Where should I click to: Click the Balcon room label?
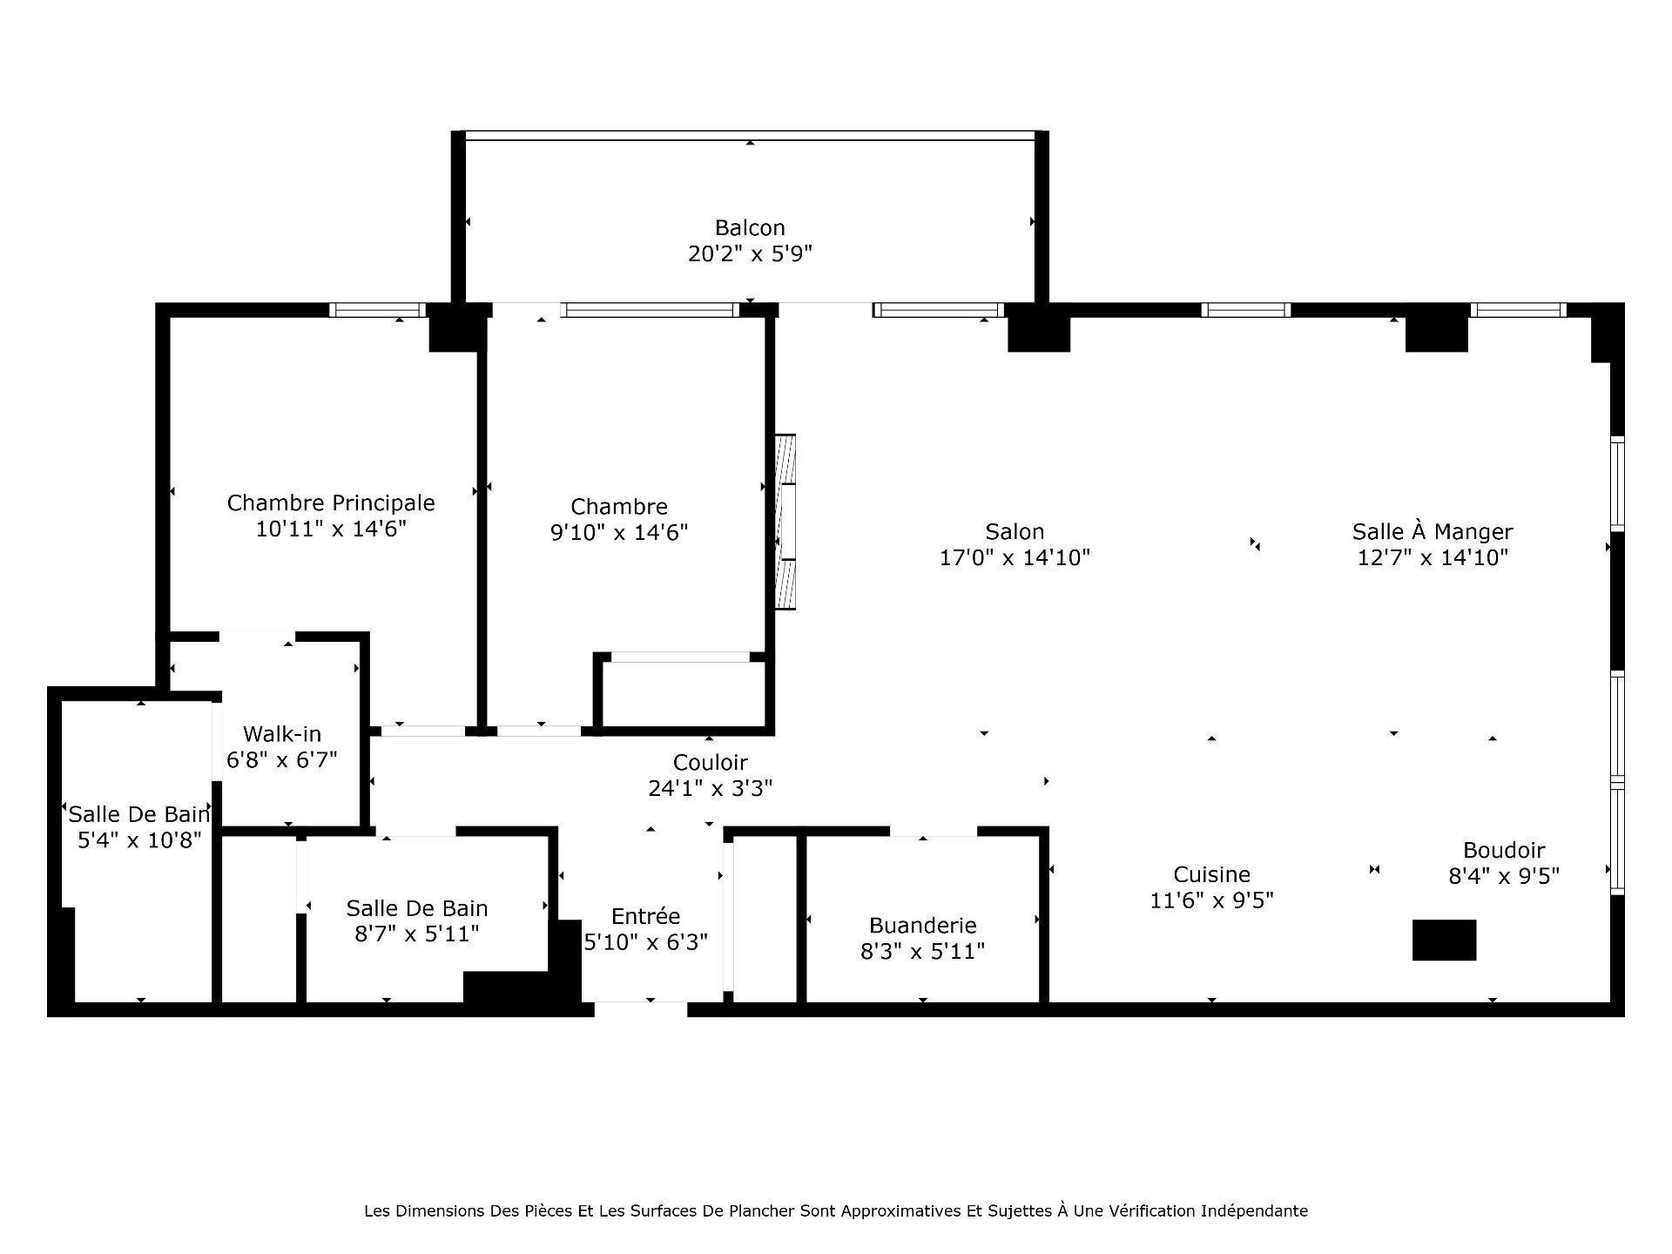click(x=750, y=228)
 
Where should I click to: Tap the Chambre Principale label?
click(x=331, y=502)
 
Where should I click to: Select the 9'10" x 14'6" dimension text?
click(x=619, y=532)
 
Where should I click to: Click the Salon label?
click(x=1015, y=531)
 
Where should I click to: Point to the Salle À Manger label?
click(x=1433, y=531)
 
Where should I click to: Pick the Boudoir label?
click(x=1504, y=850)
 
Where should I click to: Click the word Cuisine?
click(x=1211, y=874)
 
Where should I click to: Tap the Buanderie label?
click(x=922, y=925)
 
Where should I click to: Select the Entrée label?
click(x=645, y=916)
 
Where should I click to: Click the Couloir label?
click(x=711, y=763)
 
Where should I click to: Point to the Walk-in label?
click(x=282, y=734)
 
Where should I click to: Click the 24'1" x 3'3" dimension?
click(x=711, y=788)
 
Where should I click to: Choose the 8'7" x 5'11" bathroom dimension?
click(x=417, y=934)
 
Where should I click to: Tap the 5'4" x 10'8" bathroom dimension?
click(x=139, y=840)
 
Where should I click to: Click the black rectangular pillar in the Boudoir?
click(x=1444, y=940)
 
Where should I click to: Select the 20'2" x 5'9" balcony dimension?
click(x=750, y=253)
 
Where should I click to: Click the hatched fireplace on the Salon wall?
click(x=785, y=522)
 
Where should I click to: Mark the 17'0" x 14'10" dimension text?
click(x=1015, y=557)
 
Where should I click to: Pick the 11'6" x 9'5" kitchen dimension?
click(x=1211, y=900)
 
